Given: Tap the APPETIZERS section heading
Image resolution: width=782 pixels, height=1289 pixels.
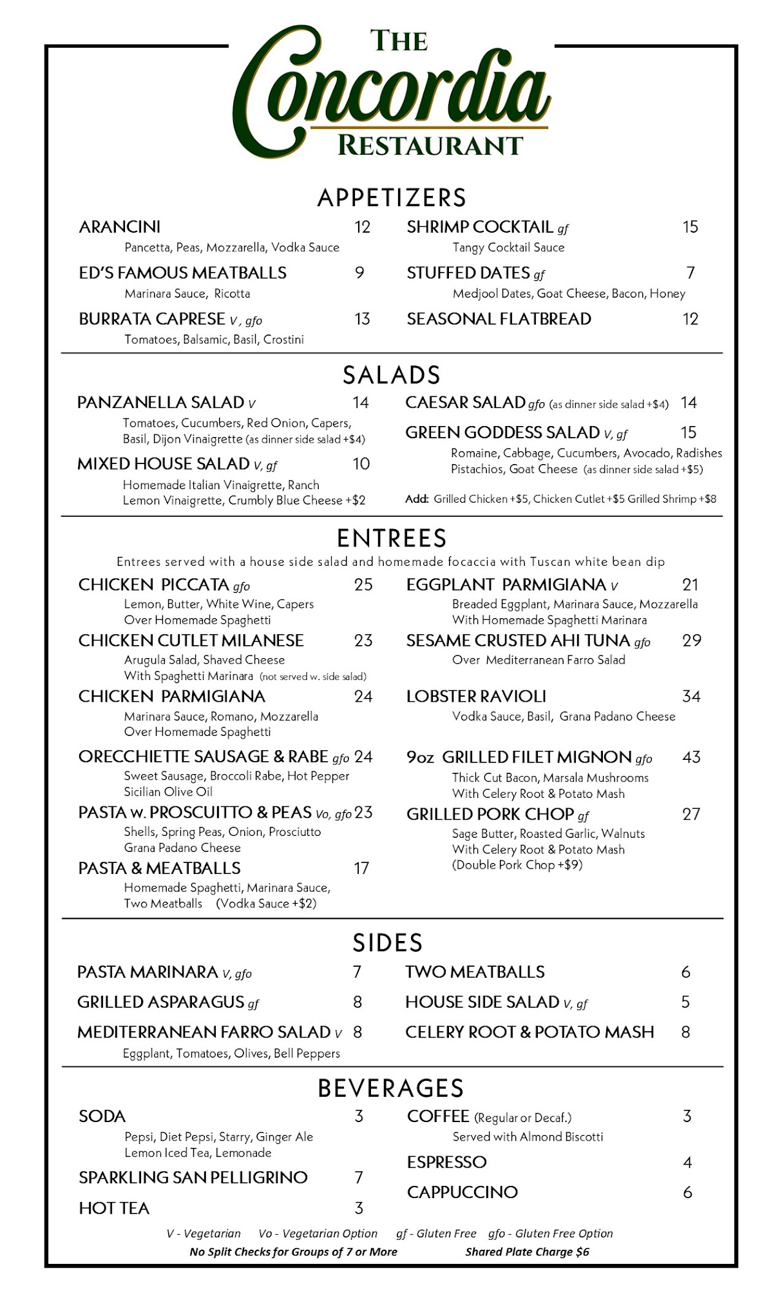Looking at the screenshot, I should [x=392, y=198].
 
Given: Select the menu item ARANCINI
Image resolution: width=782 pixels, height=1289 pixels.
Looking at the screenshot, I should [x=120, y=227].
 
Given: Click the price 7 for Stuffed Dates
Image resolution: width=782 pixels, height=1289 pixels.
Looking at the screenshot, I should [x=691, y=273].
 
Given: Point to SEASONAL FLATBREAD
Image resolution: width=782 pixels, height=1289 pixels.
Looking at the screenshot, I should [x=499, y=319].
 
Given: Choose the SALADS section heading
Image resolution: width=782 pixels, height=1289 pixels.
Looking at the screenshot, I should [x=392, y=375].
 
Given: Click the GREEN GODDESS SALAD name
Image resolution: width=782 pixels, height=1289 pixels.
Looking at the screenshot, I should [x=502, y=432].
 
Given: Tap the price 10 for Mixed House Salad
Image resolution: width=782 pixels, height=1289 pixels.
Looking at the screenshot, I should [x=361, y=464].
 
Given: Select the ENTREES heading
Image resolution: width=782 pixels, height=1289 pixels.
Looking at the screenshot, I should [x=392, y=538].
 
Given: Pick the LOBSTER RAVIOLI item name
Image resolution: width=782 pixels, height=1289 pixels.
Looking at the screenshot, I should [x=476, y=697].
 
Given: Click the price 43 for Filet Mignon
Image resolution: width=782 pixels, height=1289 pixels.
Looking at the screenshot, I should [x=691, y=757].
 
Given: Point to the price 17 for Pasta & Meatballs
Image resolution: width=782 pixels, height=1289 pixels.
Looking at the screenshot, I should [x=361, y=869].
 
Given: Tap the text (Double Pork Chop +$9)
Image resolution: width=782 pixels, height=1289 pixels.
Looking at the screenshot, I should [x=517, y=865].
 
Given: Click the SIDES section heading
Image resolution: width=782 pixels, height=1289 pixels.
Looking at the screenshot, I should [x=388, y=943].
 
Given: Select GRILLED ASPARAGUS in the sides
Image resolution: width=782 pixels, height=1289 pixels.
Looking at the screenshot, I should [x=161, y=1002].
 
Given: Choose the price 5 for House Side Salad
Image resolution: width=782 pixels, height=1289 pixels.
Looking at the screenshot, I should [x=685, y=1002].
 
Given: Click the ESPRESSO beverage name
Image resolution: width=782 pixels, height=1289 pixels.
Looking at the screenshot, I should [x=446, y=1163].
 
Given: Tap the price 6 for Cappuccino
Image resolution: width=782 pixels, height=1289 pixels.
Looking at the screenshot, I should [x=687, y=1192].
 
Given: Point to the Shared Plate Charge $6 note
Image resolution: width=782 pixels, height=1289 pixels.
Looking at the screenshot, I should [x=527, y=1252].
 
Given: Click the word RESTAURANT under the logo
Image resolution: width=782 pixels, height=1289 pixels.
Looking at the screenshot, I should [x=430, y=146].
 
